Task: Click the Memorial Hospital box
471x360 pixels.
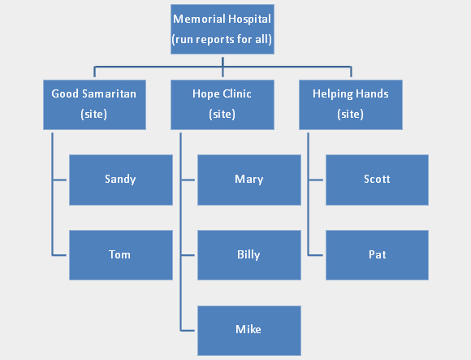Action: [223, 29]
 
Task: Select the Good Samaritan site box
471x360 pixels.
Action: [95, 105]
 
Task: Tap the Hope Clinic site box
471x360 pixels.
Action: [223, 105]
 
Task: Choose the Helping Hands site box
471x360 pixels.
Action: [351, 105]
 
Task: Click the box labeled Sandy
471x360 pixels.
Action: [121, 180]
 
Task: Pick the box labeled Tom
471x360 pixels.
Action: [121, 255]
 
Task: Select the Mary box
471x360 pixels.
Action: [249, 180]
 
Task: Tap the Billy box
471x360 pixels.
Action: [249, 255]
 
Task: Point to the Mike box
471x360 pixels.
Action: [249, 331]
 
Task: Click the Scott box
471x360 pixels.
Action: [377, 180]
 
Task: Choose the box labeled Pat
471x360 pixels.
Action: [377, 255]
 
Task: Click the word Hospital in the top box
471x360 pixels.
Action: [249, 20]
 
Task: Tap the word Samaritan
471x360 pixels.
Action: [109, 93]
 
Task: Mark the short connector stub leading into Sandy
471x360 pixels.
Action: [59, 180]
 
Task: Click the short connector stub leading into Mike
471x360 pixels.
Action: [188, 331]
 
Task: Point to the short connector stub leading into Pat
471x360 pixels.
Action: [315, 255]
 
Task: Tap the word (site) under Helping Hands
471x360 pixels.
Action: [350, 115]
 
